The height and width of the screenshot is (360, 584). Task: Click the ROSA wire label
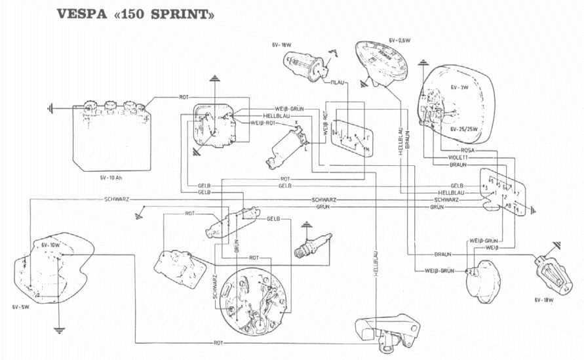(x=459, y=150)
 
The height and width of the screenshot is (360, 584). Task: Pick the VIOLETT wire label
(x=458, y=157)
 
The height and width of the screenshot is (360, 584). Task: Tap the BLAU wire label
(x=338, y=83)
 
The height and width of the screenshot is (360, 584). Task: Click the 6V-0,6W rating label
(x=399, y=40)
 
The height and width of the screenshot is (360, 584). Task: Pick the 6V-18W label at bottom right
(x=545, y=300)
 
